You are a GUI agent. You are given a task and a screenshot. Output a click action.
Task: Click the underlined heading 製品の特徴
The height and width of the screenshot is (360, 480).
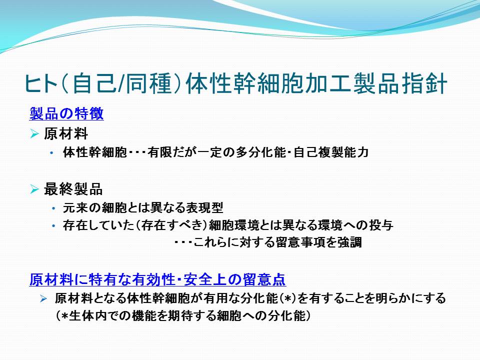[66, 113]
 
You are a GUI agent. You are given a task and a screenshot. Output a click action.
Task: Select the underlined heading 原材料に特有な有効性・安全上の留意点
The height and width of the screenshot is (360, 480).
[157, 279]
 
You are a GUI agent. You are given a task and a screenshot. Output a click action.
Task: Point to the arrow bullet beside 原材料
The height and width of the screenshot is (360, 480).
[34, 134]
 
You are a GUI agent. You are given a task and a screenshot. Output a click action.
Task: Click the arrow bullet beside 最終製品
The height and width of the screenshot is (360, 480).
[34, 189]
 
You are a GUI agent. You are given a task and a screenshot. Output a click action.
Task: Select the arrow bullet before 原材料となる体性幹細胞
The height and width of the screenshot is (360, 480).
[43, 298]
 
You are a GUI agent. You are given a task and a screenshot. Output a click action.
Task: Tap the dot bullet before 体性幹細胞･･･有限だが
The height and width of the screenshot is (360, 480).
[51, 152]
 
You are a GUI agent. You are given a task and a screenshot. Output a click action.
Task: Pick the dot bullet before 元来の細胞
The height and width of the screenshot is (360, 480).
[54, 208]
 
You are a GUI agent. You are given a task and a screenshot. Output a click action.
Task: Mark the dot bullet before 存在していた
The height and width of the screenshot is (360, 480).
[54, 226]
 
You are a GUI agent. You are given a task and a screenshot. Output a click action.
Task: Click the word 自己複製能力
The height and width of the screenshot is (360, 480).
[331, 152]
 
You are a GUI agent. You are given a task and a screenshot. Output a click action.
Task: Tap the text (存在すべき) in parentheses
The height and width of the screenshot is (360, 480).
[171, 225]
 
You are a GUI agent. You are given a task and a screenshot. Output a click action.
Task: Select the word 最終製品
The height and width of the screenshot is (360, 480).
[73, 189]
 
